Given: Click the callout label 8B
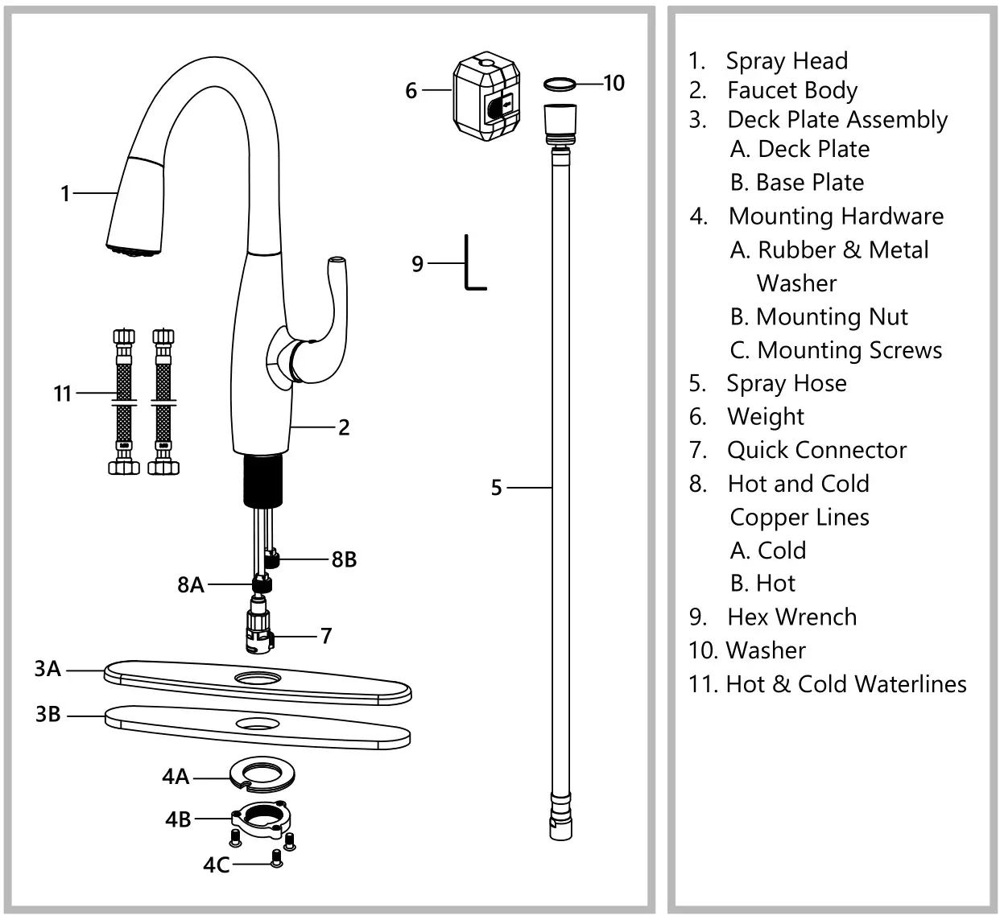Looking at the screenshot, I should coord(344,559).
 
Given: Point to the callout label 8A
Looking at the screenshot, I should coord(191,585).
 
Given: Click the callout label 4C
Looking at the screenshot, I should coord(216,864).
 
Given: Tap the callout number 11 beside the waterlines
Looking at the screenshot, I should coord(63,394).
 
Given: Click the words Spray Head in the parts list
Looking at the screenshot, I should coord(787,61).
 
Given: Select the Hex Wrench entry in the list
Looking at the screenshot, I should coord(791,617).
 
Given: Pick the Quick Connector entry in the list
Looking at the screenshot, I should coord(816,450).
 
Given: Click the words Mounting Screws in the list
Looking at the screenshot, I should coord(849,350).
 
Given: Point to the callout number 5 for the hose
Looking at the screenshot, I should coord(497,488).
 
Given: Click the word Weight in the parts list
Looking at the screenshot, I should coord(766,417).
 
